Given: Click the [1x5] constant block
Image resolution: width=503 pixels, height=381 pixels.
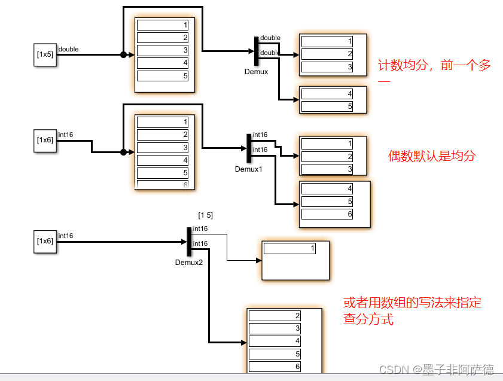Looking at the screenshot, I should (x=45, y=54).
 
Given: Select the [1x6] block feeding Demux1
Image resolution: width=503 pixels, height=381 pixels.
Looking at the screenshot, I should (x=45, y=141).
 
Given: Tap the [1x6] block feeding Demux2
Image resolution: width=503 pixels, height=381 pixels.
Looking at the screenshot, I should (x=45, y=240).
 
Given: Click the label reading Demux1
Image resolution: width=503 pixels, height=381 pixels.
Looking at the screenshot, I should (x=249, y=169).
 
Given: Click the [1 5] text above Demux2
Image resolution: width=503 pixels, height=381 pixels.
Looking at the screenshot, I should (x=205, y=215).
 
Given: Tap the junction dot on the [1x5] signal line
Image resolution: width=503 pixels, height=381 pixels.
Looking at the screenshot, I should (x=124, y=54).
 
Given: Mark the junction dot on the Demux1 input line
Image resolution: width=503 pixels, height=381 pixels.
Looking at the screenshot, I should (x=123, y=152).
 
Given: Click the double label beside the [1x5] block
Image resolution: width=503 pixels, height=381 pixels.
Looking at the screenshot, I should (x=68, y=49).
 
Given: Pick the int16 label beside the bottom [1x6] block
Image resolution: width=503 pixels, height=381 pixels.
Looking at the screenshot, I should (x=66, y=236).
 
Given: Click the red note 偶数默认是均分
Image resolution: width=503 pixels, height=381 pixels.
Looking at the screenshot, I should (x=432, y=156).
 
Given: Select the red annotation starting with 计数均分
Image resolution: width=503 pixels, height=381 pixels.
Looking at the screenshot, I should (x=434, y=66).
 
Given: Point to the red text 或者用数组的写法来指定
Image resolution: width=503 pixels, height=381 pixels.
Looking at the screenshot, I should (x=412, y=303).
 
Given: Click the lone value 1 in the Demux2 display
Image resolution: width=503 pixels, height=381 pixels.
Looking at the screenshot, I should (x=289, y=248).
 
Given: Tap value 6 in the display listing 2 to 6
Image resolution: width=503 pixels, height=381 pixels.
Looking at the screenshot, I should (x=275, y=367).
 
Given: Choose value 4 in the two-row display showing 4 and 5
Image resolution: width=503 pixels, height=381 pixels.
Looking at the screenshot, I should (x=327, y=93).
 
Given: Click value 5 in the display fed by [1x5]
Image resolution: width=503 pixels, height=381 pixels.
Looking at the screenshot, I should (x=162, y=76).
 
